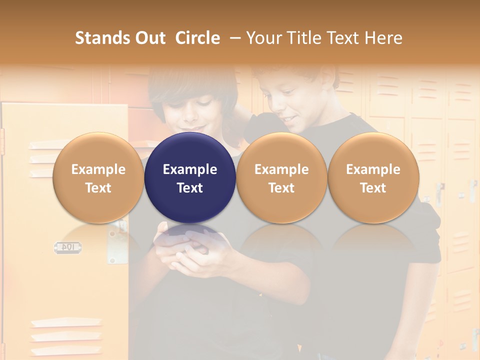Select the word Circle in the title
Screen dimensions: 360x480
pyautogui.click(x=197, y=38)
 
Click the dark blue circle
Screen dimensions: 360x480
pyautogui.click(x=190, y=177)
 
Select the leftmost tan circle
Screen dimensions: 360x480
pyautogui.click(x=98, y=177)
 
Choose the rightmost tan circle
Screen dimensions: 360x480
pyautogui.click(x=373, y=177)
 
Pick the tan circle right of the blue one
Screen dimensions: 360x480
pyautogui.click(x=281, y=177)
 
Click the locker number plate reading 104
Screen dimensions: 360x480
pyautogui.click(x=68, y=246)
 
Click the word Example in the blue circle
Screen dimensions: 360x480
pyautogui.click(x=190, y=169)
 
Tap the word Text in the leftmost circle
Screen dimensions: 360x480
pyautogui.click(x=98, y=188)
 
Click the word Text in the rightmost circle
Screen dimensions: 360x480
pyautogui.click(x=373, y=188)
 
